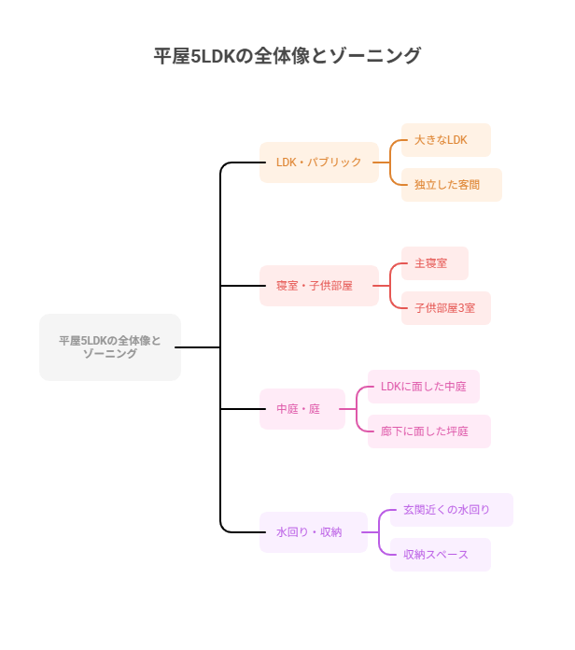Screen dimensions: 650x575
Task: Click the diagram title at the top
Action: point(287,56)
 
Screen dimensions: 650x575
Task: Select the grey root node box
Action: point(110,347)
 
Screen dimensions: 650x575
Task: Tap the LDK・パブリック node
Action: point(318,162)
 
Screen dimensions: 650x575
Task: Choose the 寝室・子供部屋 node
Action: point(318,286)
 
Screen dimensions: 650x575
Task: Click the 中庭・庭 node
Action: point(302,409)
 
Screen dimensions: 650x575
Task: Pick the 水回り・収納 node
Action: point(313,532)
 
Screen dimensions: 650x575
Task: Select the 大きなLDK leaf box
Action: point(445,140)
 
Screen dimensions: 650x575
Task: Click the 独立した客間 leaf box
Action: point(451,185)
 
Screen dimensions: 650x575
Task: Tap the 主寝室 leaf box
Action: point(434,263)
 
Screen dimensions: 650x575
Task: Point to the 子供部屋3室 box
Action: point(445,308)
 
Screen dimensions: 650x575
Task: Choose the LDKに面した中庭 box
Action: point(423,387)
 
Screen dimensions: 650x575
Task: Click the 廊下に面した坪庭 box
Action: point(428,431)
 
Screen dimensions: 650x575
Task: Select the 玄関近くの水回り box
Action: point(451,510)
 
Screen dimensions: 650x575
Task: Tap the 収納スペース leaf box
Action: point(440,555)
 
